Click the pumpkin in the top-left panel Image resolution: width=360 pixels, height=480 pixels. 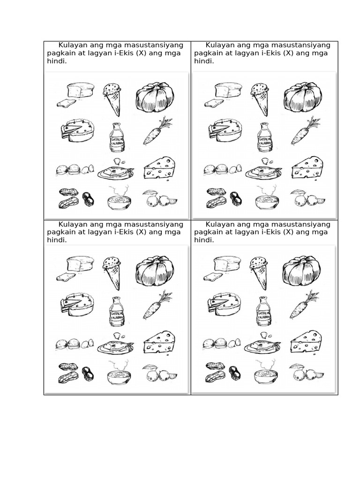point(155,97)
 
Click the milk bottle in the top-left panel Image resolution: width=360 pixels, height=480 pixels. point(116,138)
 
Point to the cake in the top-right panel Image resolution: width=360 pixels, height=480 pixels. point(225,130)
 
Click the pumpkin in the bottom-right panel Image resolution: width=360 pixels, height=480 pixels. point(301,270)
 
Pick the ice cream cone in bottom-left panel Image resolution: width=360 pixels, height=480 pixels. point(112,272)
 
